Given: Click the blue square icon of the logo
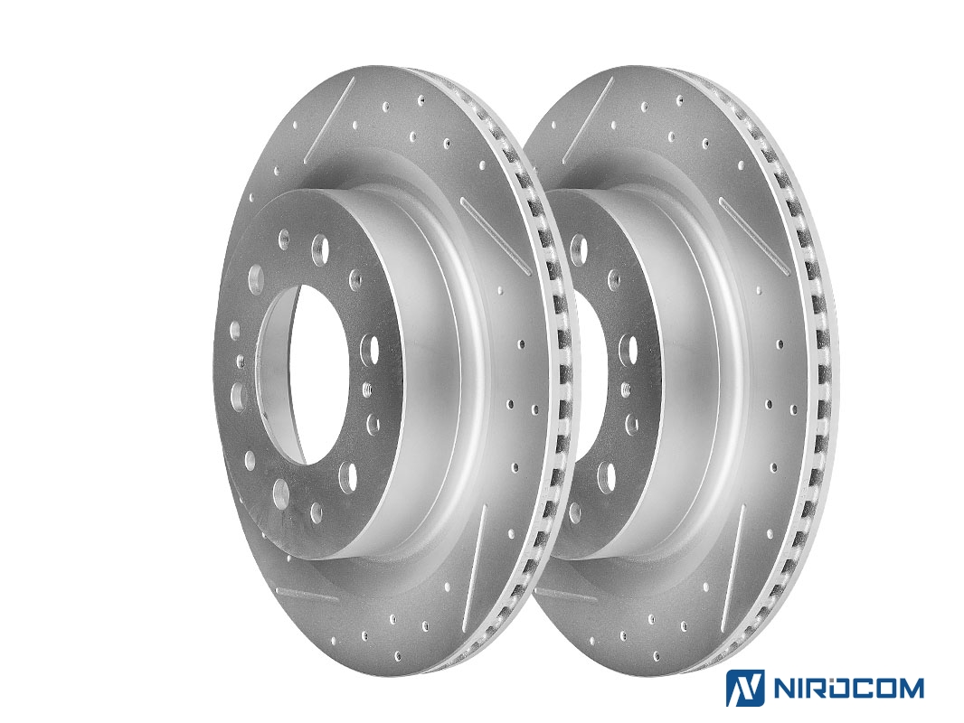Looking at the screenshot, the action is point(745,688).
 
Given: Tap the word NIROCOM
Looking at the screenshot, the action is point(847,688).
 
